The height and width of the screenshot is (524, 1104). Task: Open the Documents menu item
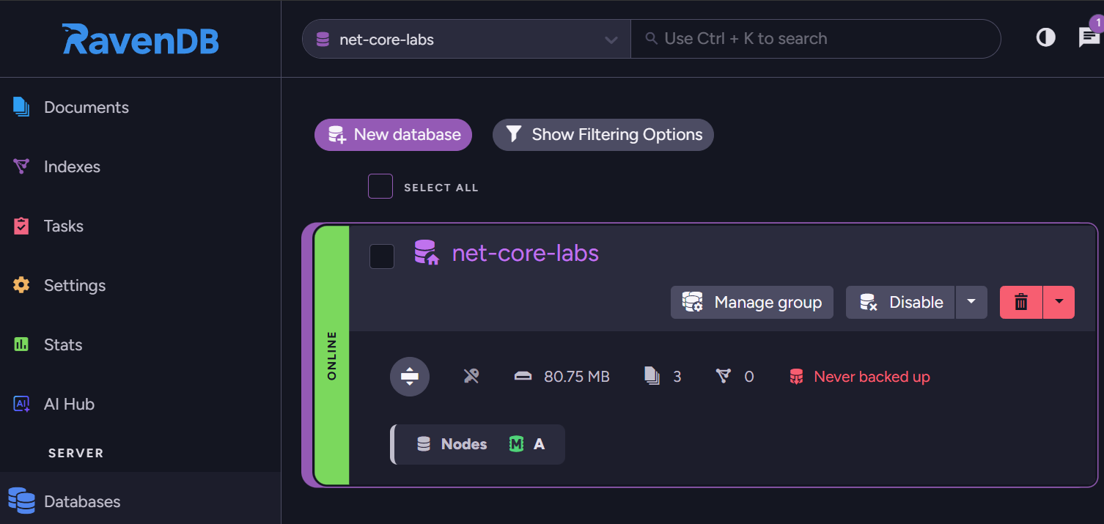tap(86, 108)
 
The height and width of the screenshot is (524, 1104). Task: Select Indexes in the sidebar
tap(72, 167)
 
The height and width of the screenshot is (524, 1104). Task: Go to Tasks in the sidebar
tap(63, 226)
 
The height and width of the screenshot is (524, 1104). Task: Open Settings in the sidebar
tap(74, 286)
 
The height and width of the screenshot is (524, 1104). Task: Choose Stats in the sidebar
tap(62, 345)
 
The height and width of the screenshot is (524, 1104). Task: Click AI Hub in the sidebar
tap(69, 405)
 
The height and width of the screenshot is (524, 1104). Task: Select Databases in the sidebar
tap(81, 502)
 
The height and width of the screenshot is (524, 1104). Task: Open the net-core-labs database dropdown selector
tap(466, 40)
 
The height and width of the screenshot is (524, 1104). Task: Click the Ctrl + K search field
tap(814, 39)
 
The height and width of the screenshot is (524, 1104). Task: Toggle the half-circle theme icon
tap(1045, 37)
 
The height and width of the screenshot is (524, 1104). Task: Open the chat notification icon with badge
tap(1089, 37)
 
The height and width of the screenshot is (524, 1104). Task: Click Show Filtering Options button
tap(603, 135)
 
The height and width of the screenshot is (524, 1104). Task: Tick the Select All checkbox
tap(380, 186)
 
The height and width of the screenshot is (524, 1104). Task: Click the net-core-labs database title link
tap(525, 254)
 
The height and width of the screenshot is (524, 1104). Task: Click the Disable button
tap(901, 303)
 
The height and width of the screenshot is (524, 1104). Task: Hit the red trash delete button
tap(1020, 303)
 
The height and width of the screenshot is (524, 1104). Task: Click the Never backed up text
tap(871, 377)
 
